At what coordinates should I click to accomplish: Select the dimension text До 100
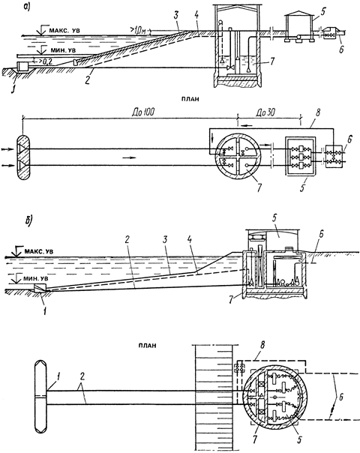142,112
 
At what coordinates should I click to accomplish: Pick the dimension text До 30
265,112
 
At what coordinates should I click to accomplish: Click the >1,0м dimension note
137,30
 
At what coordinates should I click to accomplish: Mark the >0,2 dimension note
43,61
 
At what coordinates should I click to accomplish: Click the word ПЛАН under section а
189,99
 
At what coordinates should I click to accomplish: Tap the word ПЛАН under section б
147,345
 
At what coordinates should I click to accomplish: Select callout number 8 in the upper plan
318,112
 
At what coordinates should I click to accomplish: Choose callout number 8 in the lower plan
262,345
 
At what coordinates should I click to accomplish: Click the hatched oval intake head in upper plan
23,157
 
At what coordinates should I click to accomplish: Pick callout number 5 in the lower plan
299,440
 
